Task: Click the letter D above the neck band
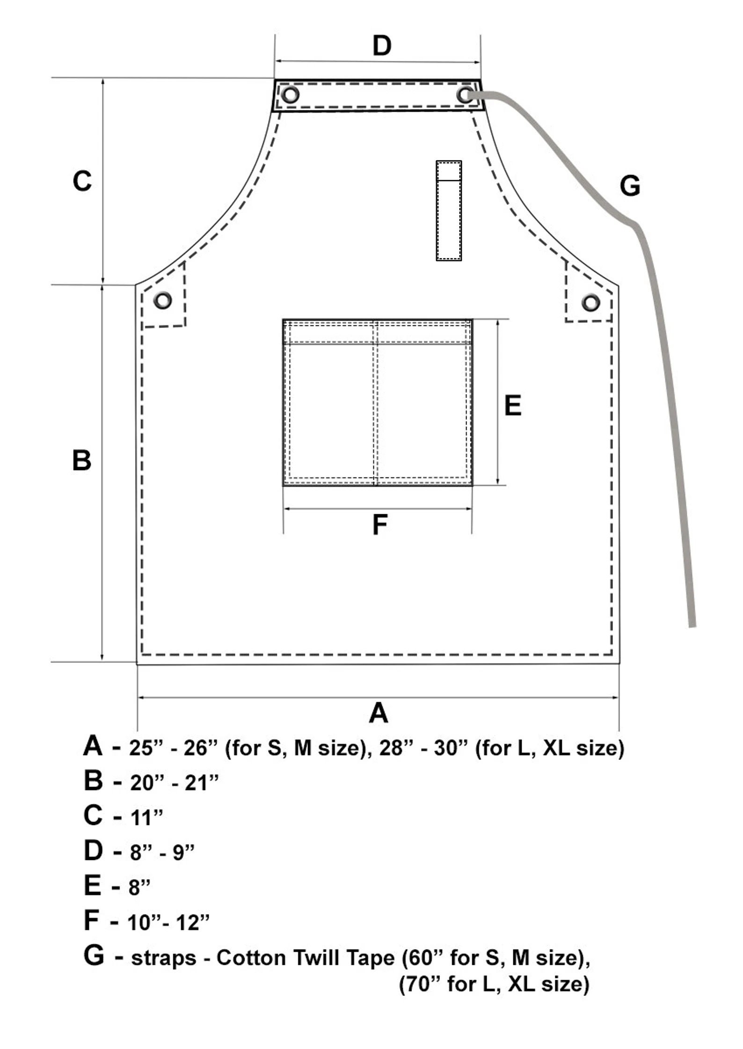point(382,46)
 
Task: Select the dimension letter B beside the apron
point(82,460)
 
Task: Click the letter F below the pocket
point(379,524)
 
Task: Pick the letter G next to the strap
point(630,185)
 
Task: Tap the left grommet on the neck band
point(290,95)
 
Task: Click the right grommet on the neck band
point(465,95)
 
